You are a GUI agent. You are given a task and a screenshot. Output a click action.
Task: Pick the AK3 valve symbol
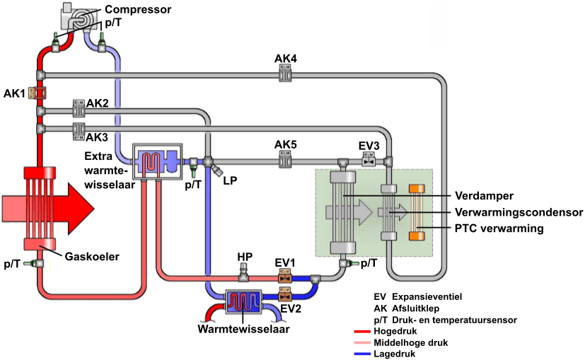(78, 129)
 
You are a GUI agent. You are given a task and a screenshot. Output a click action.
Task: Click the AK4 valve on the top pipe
(286, 72)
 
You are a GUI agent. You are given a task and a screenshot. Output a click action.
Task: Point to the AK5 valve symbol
(286, 161)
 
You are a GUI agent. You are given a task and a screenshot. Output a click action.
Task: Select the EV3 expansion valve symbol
(369, 161)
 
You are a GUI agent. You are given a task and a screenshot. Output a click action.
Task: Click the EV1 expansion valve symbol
(286, 277)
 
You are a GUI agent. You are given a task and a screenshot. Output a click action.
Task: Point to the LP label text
(229, 181)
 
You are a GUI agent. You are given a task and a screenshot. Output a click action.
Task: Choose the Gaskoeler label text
(91, 255)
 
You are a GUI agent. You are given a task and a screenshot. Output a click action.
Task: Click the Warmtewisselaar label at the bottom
(243, 328)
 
